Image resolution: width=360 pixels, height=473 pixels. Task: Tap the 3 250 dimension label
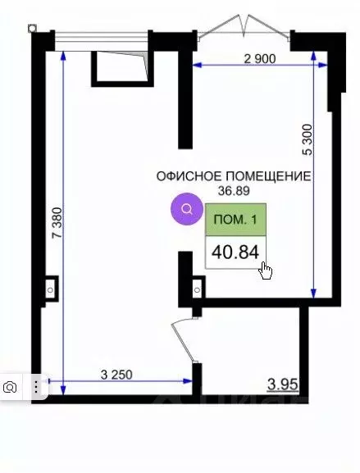pos(117,375)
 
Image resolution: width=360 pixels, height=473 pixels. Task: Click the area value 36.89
pos(232,190)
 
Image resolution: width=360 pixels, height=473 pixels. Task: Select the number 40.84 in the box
pos(235,251)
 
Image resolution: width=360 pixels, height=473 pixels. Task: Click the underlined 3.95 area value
pos(284,382)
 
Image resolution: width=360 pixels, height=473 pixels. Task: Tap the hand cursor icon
pos(267,271)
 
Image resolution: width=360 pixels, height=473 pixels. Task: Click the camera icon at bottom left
pos(12,385)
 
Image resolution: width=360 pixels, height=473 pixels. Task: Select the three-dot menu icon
pos(36,385)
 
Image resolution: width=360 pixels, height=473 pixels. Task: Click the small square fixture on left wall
pos(51,287)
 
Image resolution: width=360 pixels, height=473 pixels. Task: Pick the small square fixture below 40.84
pos(196,288)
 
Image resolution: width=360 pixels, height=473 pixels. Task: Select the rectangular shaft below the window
pos(120,66)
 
